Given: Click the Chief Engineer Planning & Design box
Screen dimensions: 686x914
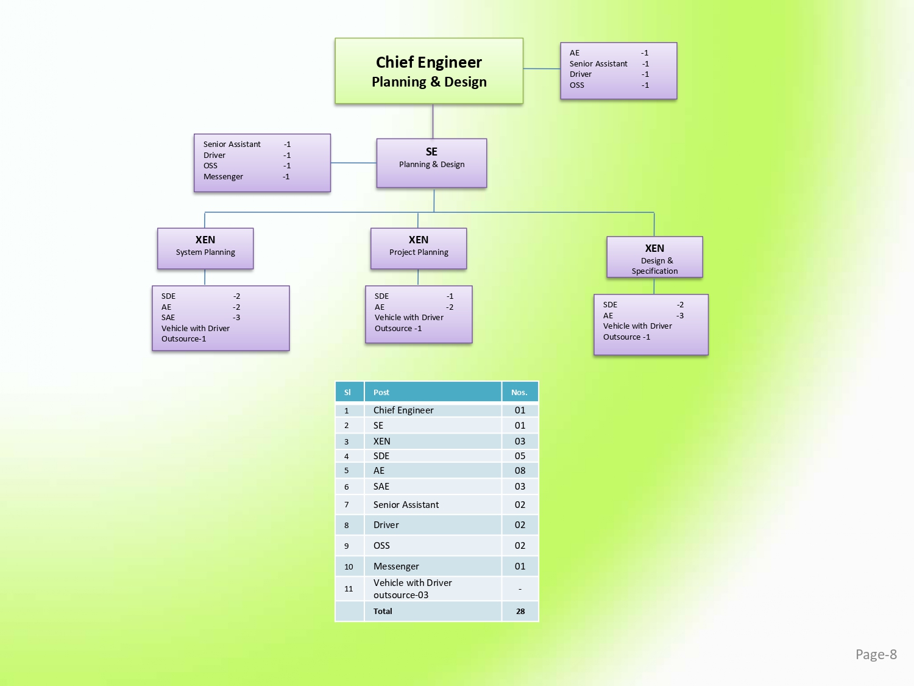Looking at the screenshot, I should pyautogui.click(x=429, y=71).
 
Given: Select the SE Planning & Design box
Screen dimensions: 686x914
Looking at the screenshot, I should pyautogui.click(x=431, y=163).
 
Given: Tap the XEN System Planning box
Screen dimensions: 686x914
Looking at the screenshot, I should pyautogui.click(x=205, y=248).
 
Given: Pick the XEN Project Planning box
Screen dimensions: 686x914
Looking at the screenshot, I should pyautogui.click(x=419, y=248).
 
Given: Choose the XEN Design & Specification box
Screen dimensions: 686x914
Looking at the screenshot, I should pyautogui.click(x=654, y=257).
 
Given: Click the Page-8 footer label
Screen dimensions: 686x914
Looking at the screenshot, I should pyautogui.click(x=876, y=654).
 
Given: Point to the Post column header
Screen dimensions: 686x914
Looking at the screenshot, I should pyautogui.click(x=381, y=392).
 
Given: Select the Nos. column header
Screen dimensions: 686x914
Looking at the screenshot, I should pyautogui.click(x=519, y=392).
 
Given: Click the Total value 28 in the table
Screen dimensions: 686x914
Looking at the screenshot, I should pyautogui.click(x=520, y=611).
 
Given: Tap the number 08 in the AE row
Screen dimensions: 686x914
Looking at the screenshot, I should pyautogui.click(x=520, y=471).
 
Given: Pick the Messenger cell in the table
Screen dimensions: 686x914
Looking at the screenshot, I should pyautogui.click(x=396, y=566).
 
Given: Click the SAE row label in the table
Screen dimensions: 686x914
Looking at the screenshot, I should pyautogui.click(x=381, y=487).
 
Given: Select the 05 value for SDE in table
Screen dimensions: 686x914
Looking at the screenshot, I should pyautogui.click(x=520, y=456).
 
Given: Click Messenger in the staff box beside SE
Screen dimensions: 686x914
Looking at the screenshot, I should pyautogui.click(x=223, y=177).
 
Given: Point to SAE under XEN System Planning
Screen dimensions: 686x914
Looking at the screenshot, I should pyautogui.click(x=168, y=318).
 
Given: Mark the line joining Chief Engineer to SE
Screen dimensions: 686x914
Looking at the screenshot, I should pyautogui.click(x=433, y=121).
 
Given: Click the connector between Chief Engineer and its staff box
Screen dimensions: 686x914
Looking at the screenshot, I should pyautogui.click(x=542, y=69).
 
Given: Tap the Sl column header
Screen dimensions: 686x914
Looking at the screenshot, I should pyautogui.click(x=347, y=392).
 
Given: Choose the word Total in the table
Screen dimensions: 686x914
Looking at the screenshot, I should pyautogui.click(x=383, y=611).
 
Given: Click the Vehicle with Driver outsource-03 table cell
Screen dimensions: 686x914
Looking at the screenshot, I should pyautogui.click(x=413, y=589).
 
